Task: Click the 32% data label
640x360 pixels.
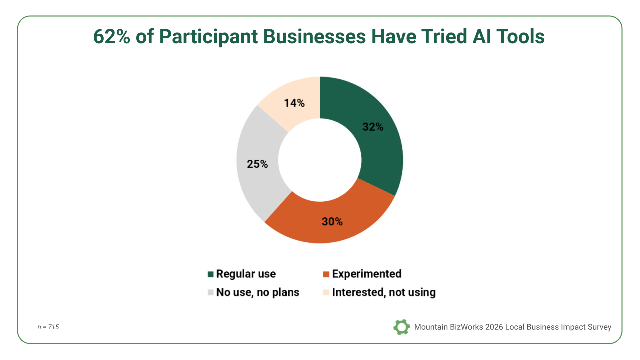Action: pyautogui.click(x=373, y=127)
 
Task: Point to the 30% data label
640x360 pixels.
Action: pyautogui.click(x=332, y=221)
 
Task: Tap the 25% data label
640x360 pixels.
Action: pyautogui.click(x=257, y=164)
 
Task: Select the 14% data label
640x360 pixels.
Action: pyautogui.click(x=294, y=103)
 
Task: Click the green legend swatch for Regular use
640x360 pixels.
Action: pyautogui.click(x=211, y=274)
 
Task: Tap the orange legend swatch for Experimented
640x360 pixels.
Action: pyautogui.click(x=326, y=274)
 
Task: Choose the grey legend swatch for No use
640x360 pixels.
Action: pyautogui.click(x=211, y=293)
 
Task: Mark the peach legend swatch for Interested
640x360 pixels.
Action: pyautogui.click(x=326, y=293)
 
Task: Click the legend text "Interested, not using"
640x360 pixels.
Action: pyautogui.click(x=384, y=293)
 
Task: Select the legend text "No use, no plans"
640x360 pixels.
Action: pyautogui.click(x=257, y=293)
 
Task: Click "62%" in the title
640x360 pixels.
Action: pyautogui.click(x=111, y=37)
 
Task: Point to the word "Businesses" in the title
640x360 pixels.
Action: pyautogui.click(x=314, y=37)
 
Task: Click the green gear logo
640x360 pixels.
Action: pyautogui.click(x=401, y=327)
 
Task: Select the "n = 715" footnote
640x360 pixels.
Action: pyautogui.click(x=48, y=327)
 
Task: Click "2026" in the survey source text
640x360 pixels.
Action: pyautogui.click(x=493, y=327)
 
